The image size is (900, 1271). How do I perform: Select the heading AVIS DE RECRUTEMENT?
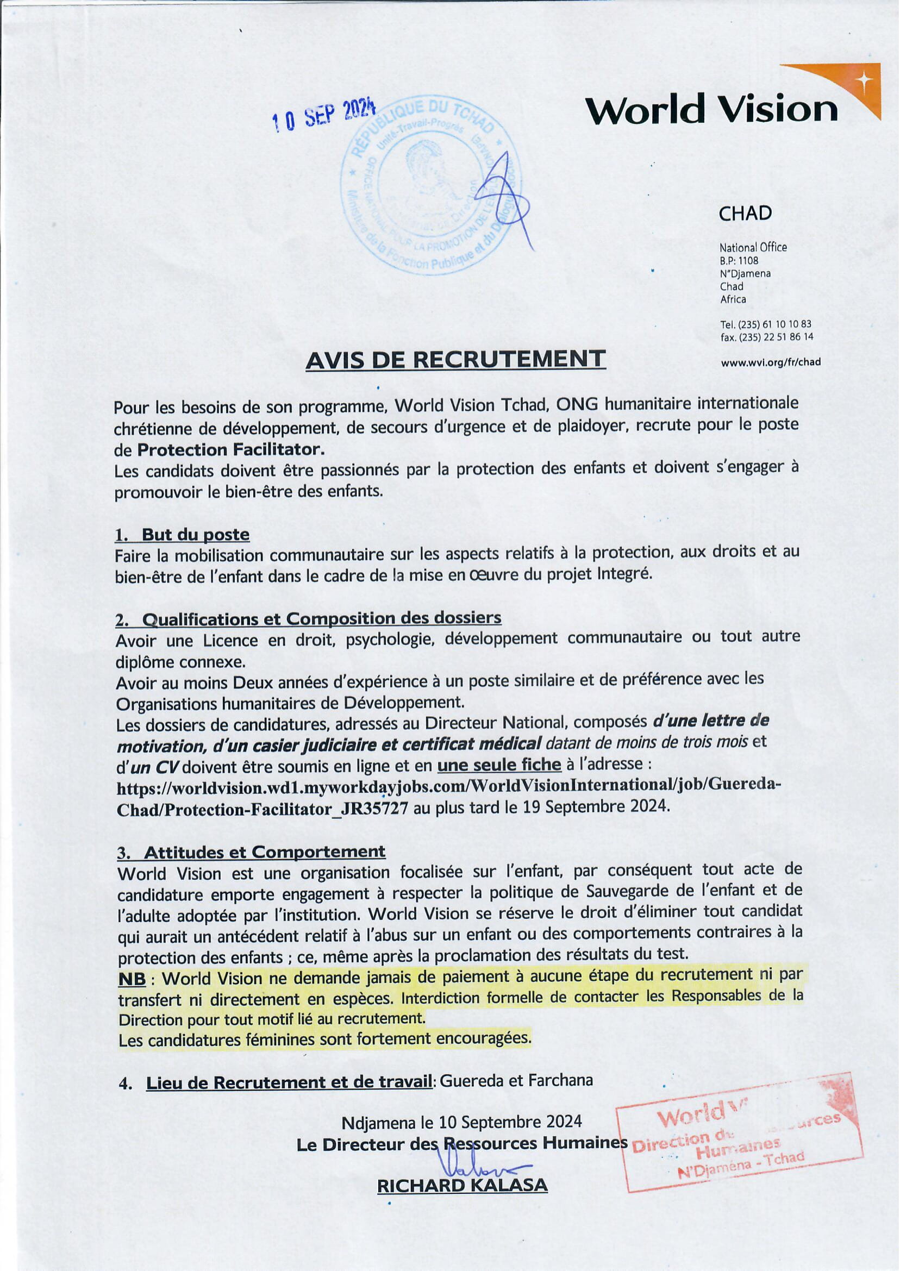(455, 360)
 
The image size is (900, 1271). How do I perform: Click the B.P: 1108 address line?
(739, 260)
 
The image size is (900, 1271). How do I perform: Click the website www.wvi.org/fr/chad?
(770, 362)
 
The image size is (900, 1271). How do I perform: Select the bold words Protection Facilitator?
(230, 449)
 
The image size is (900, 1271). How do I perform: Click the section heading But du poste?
(195, 535)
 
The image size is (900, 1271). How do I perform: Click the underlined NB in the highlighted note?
(132, 979)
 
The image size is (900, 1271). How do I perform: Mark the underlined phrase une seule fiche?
(499, 765)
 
